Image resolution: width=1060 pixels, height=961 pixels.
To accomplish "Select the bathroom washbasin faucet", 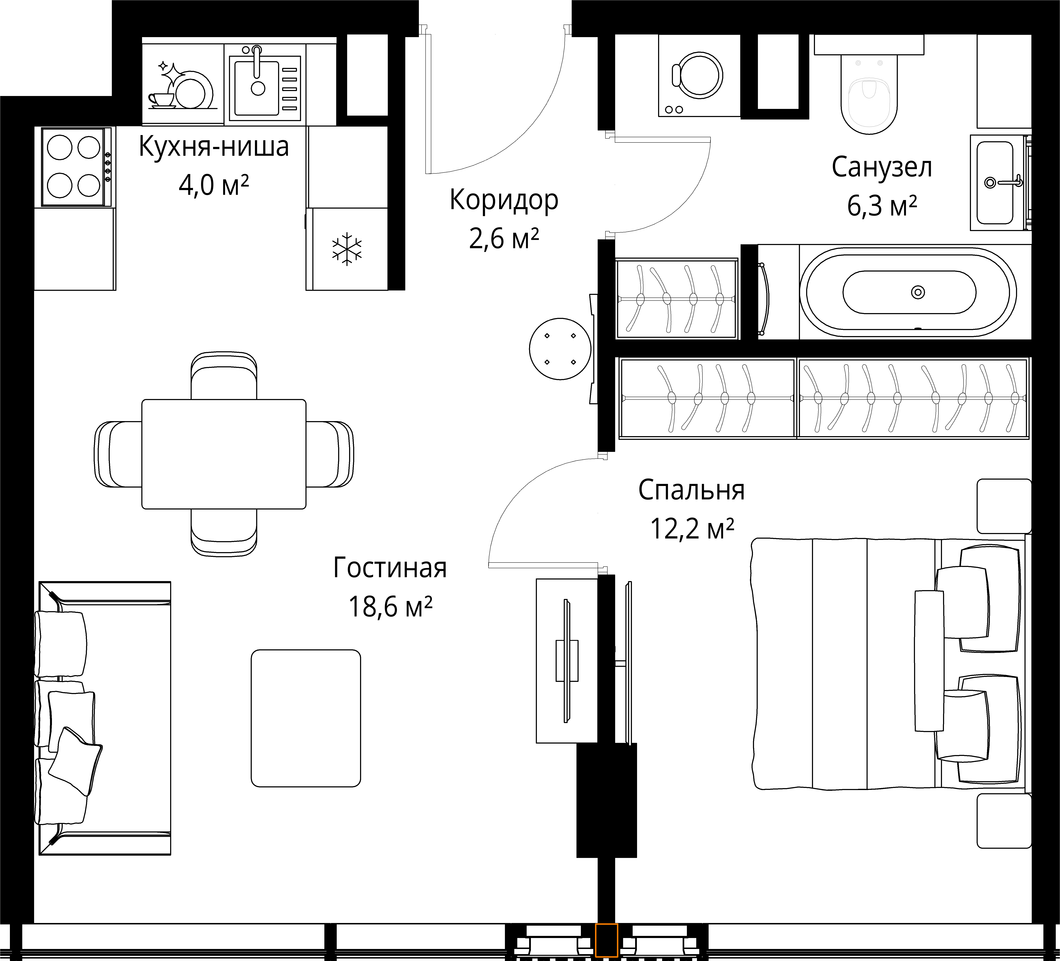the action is (1004, 182).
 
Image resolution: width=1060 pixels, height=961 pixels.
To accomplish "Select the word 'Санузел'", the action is (882, 167).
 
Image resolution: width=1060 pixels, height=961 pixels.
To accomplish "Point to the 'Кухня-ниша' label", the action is (213, 147).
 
